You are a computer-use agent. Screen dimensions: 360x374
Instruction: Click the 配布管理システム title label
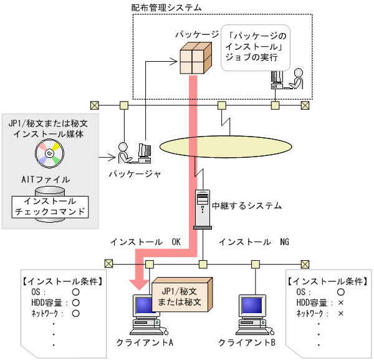(166, 7)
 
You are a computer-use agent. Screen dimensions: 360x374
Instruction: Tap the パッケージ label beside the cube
(197, 34)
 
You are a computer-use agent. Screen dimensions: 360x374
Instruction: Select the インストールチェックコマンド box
(50, 207)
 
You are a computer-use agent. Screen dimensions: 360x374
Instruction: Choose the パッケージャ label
(135, 174)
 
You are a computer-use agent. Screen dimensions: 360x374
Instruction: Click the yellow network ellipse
(225, 145)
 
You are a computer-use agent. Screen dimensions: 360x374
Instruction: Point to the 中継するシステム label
(247, 205)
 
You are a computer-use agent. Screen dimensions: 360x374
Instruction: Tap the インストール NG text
(254, 241)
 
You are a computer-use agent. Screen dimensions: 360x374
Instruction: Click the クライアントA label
(145, 343)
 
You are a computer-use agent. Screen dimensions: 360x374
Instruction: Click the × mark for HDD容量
(340, 303)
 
